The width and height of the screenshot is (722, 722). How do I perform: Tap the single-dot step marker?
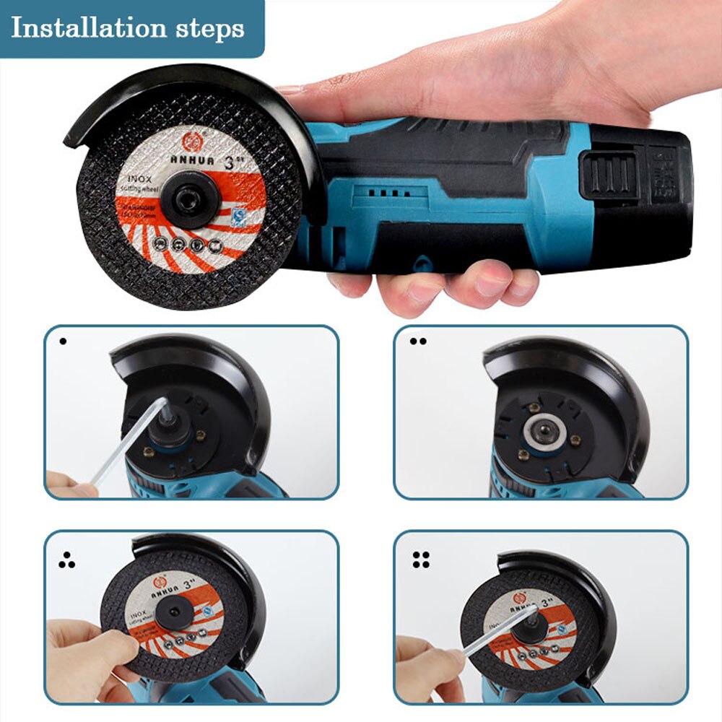coord(63,341)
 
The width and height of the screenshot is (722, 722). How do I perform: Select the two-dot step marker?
coord(417,341)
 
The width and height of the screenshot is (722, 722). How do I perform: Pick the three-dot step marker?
coord(67,560)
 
